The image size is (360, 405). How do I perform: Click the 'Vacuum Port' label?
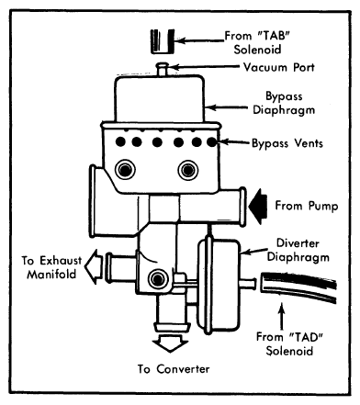[x=278, y=67]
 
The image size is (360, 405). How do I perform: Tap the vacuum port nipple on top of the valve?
[x=162, y=69]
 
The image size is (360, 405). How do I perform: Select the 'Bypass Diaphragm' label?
[x=284, y=103]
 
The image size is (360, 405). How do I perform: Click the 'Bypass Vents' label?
[x=287, y=143]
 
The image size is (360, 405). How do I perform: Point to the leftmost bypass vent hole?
[x=120, y=141]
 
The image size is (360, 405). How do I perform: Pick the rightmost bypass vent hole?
[x=212, y=142]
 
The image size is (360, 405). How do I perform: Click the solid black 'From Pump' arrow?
[x=258, y=207]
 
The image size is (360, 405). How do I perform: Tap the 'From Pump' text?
[x=307, y=206]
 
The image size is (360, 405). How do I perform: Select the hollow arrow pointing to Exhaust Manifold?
[x=94, y=267]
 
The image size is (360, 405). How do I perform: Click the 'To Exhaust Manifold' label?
[x=51, y=267]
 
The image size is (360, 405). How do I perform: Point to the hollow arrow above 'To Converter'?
[x=170, y=343]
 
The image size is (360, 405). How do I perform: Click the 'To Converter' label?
[x=174, y=369]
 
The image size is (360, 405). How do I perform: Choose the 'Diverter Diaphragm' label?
[x=298, y=250]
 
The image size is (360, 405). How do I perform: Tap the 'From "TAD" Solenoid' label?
[x=289, y=343]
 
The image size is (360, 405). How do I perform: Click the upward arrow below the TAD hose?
[x=282, y=316]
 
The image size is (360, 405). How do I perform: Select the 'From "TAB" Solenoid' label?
[x=257, y=42]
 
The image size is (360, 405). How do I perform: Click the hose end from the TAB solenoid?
[x=163, y=41]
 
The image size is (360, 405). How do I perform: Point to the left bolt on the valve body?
[x=125, y=170]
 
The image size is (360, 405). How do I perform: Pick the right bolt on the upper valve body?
[x=188, y=170]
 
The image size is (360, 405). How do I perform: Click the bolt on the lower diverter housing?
[x=158, y=279]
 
